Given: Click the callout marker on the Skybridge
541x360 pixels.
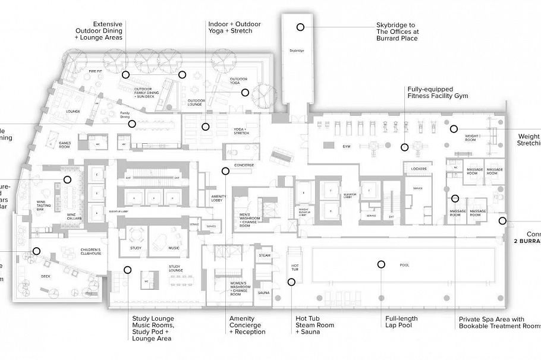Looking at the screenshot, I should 301,27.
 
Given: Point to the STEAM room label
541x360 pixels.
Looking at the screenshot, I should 265,255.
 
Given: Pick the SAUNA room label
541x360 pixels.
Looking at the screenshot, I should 265,292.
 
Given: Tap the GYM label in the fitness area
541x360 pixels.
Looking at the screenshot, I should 347,146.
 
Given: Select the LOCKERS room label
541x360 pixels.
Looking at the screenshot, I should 419,169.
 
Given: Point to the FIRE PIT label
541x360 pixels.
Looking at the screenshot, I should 96,71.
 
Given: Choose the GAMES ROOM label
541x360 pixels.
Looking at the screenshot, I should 65,144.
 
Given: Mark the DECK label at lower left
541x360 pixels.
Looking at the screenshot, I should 46,276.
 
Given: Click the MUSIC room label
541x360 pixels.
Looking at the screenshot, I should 174,247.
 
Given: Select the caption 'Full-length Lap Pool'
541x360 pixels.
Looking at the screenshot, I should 402,322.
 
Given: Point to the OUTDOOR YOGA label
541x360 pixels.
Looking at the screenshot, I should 238,81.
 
